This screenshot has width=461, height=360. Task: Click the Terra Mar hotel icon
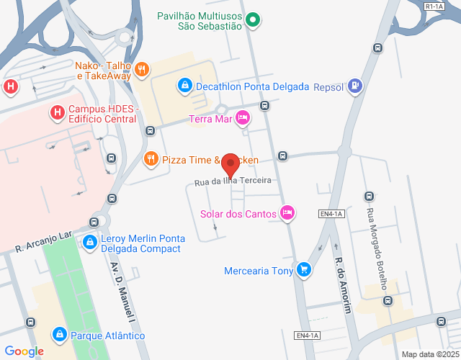(243, 117)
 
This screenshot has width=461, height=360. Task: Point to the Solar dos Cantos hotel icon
(287, 212)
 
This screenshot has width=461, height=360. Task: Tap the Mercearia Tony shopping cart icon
(305, 270)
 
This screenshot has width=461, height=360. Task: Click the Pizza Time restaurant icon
(151, 158)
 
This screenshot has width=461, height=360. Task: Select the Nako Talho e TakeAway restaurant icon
(142, 69)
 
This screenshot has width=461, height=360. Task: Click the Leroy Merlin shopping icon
(89, 243)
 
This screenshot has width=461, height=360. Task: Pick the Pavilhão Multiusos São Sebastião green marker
(253, 20)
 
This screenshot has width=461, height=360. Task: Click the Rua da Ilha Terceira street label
(233, 181)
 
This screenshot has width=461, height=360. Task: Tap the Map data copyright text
(430, 354)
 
